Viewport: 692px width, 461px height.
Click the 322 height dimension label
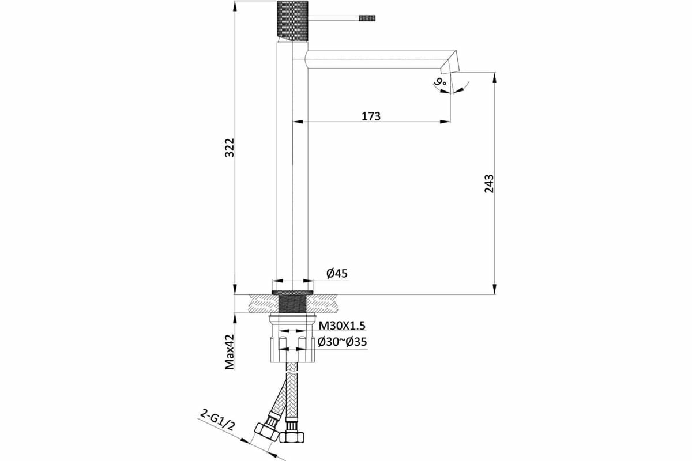tap(229, 148)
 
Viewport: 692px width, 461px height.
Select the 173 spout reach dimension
tap(371, 116)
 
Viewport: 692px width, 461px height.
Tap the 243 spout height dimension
tap(489, 184)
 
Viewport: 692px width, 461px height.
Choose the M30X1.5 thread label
tap(342, 326)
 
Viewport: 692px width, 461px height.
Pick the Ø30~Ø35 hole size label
tap(343, 342)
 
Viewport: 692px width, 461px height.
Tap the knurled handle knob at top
tap(294, 21)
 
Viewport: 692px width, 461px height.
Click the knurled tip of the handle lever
tap(368, 18)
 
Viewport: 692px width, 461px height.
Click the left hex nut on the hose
tap(266, 433)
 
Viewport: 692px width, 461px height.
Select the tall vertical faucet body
tap(292, 173)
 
